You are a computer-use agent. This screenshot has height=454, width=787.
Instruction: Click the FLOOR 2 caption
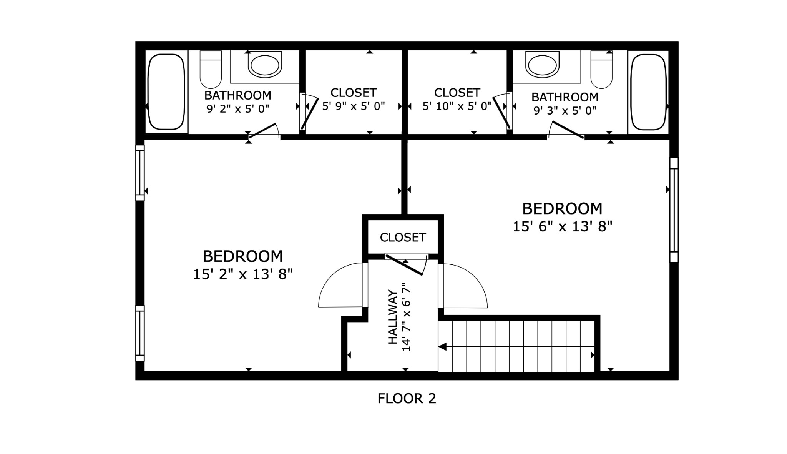point(407,399)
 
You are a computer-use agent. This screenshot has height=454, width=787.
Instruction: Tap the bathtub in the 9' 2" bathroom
point(166,91)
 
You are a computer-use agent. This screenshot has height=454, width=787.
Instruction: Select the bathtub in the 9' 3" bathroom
point(648,92)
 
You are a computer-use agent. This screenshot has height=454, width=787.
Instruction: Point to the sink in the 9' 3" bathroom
point(541,65)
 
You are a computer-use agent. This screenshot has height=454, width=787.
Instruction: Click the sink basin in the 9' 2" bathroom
point(264,65)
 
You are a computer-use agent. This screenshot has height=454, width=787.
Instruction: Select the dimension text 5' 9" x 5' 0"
point(353,106)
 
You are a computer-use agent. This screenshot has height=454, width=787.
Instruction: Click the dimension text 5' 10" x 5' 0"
point(457,106)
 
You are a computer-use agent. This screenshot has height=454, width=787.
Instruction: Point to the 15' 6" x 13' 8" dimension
point(562,227)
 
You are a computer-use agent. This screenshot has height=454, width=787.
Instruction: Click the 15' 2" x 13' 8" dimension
point(242,274)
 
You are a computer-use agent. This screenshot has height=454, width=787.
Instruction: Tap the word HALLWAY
point(393,317)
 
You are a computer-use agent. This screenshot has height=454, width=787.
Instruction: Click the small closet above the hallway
point(403,237)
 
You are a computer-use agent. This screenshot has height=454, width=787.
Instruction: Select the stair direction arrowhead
point(442,347)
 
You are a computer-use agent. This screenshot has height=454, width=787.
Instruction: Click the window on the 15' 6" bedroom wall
point(674,210)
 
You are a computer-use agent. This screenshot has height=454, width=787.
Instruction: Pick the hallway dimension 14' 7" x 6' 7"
point(406,317)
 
